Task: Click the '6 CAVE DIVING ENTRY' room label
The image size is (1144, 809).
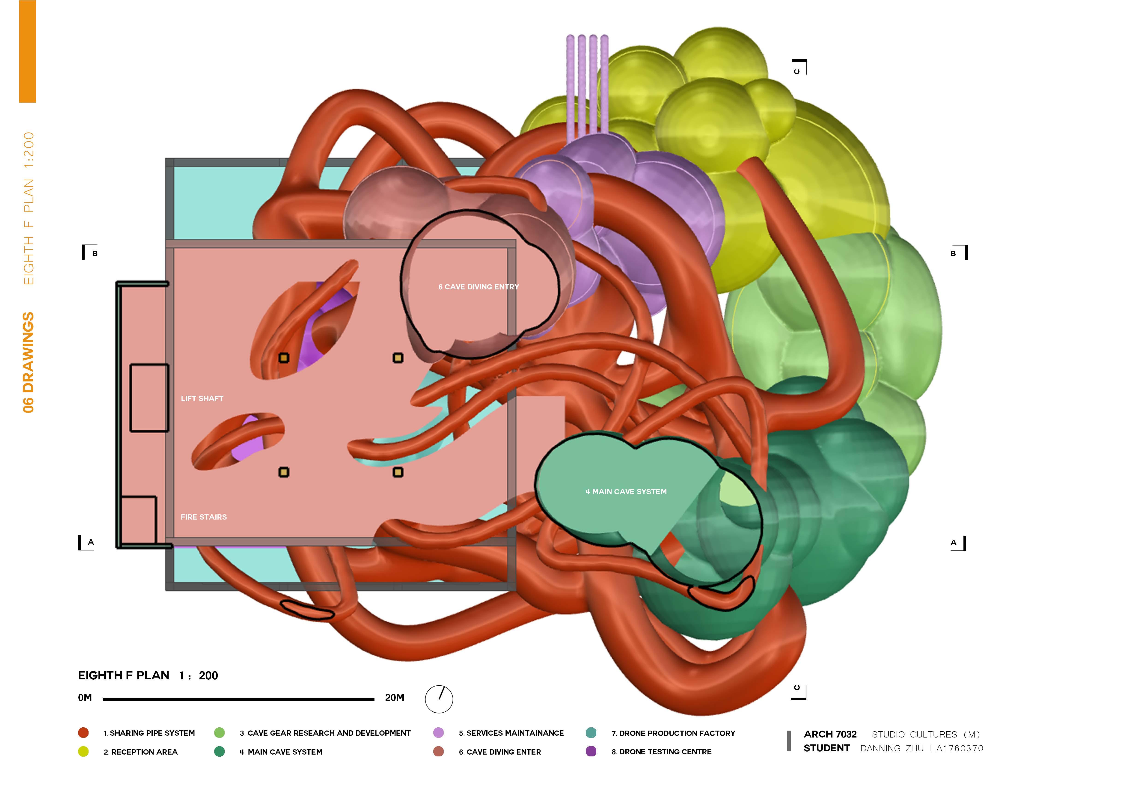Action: pos(478,287)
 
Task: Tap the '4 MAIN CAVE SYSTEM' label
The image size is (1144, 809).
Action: pos(626,492)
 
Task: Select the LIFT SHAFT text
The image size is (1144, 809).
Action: pos(202,399)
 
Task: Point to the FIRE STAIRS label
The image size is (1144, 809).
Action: pos(203,517)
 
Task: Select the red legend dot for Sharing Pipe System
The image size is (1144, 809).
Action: pos(83,733)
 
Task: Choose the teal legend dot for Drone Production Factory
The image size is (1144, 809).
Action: pos(591,733)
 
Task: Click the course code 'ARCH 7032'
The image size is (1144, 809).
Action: pos(830,734)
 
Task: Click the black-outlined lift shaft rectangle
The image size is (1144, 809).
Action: pos(149,398)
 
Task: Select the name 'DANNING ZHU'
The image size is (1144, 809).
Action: pos(892,748)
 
